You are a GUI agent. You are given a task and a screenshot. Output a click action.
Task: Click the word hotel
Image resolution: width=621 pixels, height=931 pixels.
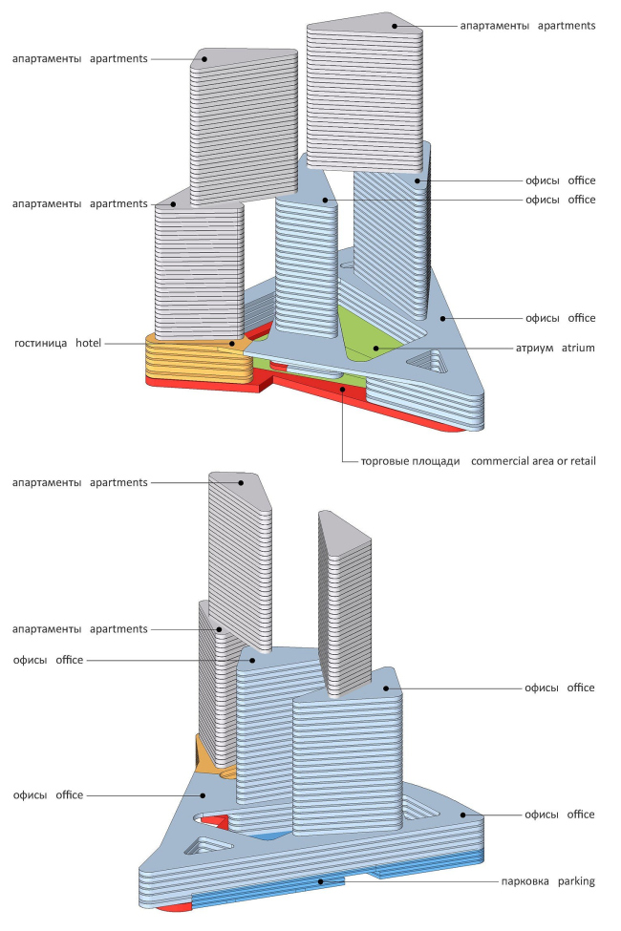pyautogui.click(x=90, y=342)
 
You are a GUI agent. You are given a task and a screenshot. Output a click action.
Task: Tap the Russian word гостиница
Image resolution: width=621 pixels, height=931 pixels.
pyautogui.click(x=42, y=342)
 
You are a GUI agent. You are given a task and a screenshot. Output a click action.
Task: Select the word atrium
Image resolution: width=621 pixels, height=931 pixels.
pyautogui.click(x=578, y=349)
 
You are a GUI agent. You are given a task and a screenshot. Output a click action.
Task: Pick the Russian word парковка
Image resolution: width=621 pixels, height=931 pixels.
pyautogui.click(x=525, y=880)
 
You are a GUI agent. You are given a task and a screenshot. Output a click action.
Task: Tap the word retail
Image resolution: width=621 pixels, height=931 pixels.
pyautogui.click(x=579, y=461)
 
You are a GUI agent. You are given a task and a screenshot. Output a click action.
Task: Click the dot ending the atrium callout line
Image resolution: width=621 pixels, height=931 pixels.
pyautogui.click(x=377, y=348)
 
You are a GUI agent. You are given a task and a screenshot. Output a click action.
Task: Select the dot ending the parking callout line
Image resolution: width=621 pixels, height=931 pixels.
pyautogui.click(x=321, y=881)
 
